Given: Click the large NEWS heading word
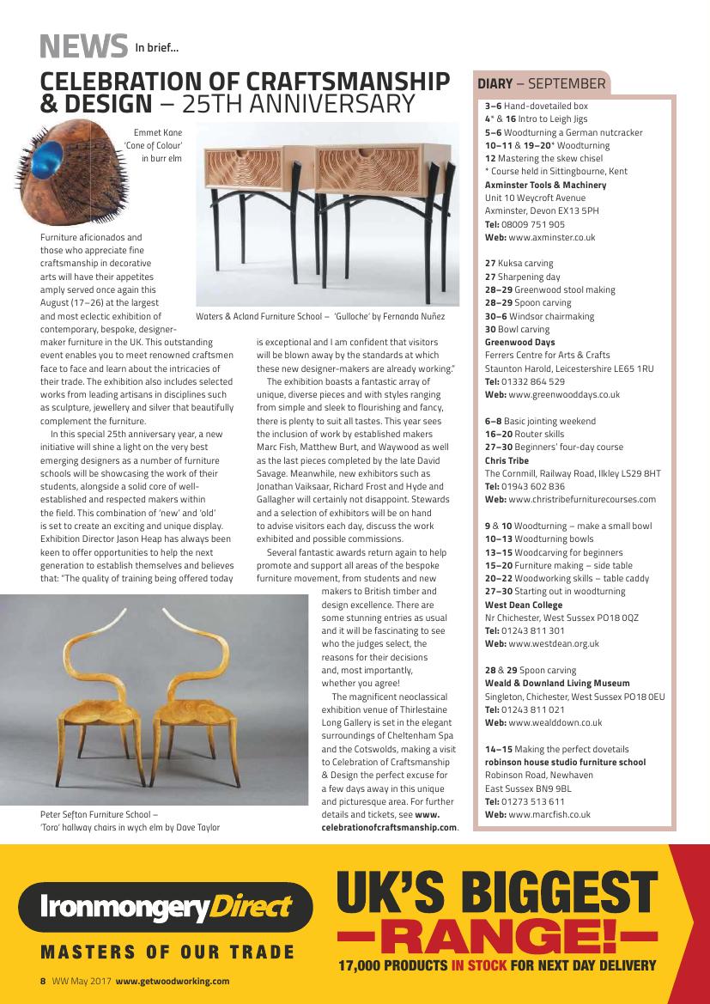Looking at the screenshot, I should pos(82,46).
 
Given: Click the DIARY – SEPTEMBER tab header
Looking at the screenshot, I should pos(541,84).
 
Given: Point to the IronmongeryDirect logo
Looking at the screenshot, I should pos(163,907).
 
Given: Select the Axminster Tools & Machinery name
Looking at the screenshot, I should pos(545,185).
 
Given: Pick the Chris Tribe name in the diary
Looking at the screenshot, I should pos(507,460).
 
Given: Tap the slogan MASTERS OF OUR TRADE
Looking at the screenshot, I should pos(167,952).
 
